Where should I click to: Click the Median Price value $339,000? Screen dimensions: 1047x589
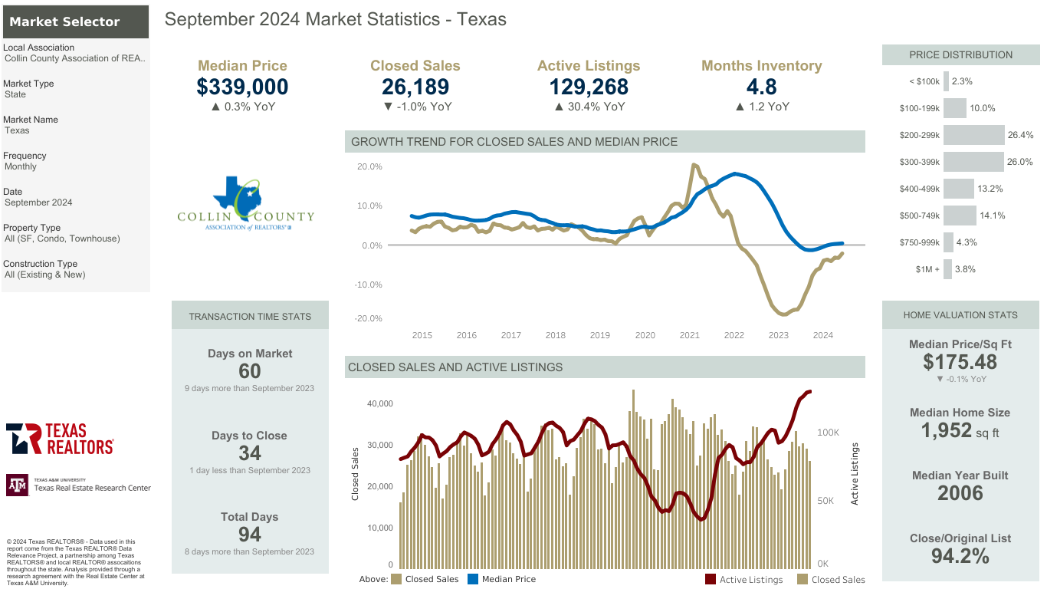[242, 87]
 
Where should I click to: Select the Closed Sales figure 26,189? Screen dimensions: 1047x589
[415, 87]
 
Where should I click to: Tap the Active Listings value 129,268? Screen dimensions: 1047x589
[589, 87]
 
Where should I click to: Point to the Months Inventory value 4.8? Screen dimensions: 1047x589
[761, 87]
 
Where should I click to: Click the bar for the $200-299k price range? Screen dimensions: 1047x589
[973, 135]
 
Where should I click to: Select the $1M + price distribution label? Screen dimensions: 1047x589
[927, 269]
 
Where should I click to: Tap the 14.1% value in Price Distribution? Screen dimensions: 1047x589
[993, 216]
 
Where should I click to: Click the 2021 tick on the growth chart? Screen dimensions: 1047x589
[689, 335]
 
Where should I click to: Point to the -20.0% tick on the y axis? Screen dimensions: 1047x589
[369, 318]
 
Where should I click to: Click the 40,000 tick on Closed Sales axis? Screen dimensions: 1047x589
[380, 403]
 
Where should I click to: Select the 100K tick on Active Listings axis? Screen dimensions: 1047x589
[829, 433]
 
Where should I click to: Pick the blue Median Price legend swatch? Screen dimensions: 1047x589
[473, 579]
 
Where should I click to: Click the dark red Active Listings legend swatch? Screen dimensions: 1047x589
[710, 579]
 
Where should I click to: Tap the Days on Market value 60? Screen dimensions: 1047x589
[250, 371]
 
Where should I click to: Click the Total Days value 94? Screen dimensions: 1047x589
[250, 535]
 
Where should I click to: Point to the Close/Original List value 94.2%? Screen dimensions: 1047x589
[960, 556]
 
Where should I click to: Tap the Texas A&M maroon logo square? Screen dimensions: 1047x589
[18, 485]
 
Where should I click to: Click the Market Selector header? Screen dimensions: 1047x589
[76, 21]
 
